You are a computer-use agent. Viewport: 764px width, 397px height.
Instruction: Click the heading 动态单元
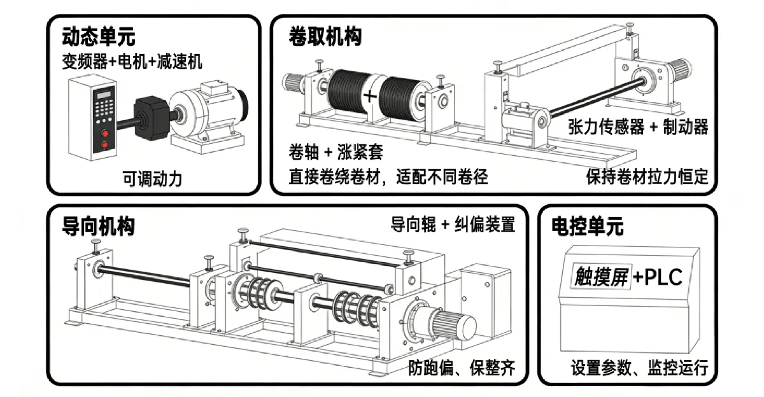(99, 36)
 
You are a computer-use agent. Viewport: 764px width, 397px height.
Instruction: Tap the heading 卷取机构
(325, 36)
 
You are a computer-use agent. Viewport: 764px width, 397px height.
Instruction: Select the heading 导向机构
(99, 226)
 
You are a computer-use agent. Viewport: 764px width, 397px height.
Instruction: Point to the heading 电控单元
(587, 226)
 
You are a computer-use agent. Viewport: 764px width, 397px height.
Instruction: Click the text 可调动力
(153, 179)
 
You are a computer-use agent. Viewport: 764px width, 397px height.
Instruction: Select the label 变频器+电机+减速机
(132, 62)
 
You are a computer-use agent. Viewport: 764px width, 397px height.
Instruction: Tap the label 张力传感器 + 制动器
(638, 127)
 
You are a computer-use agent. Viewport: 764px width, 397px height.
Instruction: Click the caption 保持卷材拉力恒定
(647, 176)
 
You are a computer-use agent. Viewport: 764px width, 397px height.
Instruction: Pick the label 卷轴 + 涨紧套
(335, 153)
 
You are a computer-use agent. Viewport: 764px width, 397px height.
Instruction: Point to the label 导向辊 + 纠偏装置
(453, 225)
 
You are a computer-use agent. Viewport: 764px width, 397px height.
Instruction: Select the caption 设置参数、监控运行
(639, 367)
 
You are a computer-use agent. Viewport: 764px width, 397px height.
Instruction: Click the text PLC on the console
(662, 277)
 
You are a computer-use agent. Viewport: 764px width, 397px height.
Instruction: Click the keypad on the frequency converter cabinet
(104, 108)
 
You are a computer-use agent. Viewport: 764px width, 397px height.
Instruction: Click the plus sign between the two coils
(371, 97)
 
